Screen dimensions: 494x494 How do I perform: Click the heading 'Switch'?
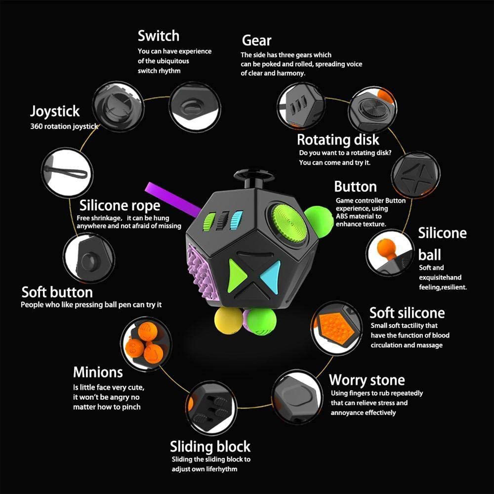click(158, 36)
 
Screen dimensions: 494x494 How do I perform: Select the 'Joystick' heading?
click(55, 111)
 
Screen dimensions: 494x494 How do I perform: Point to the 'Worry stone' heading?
click(367, 380)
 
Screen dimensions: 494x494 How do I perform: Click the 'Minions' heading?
click(98, 372)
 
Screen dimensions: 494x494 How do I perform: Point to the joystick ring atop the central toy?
click(254, 175)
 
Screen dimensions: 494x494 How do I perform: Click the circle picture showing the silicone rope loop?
click(67, 173)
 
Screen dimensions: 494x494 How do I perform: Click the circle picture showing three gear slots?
click(301, 106)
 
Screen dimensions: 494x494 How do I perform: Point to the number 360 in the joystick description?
click(36, 126)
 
